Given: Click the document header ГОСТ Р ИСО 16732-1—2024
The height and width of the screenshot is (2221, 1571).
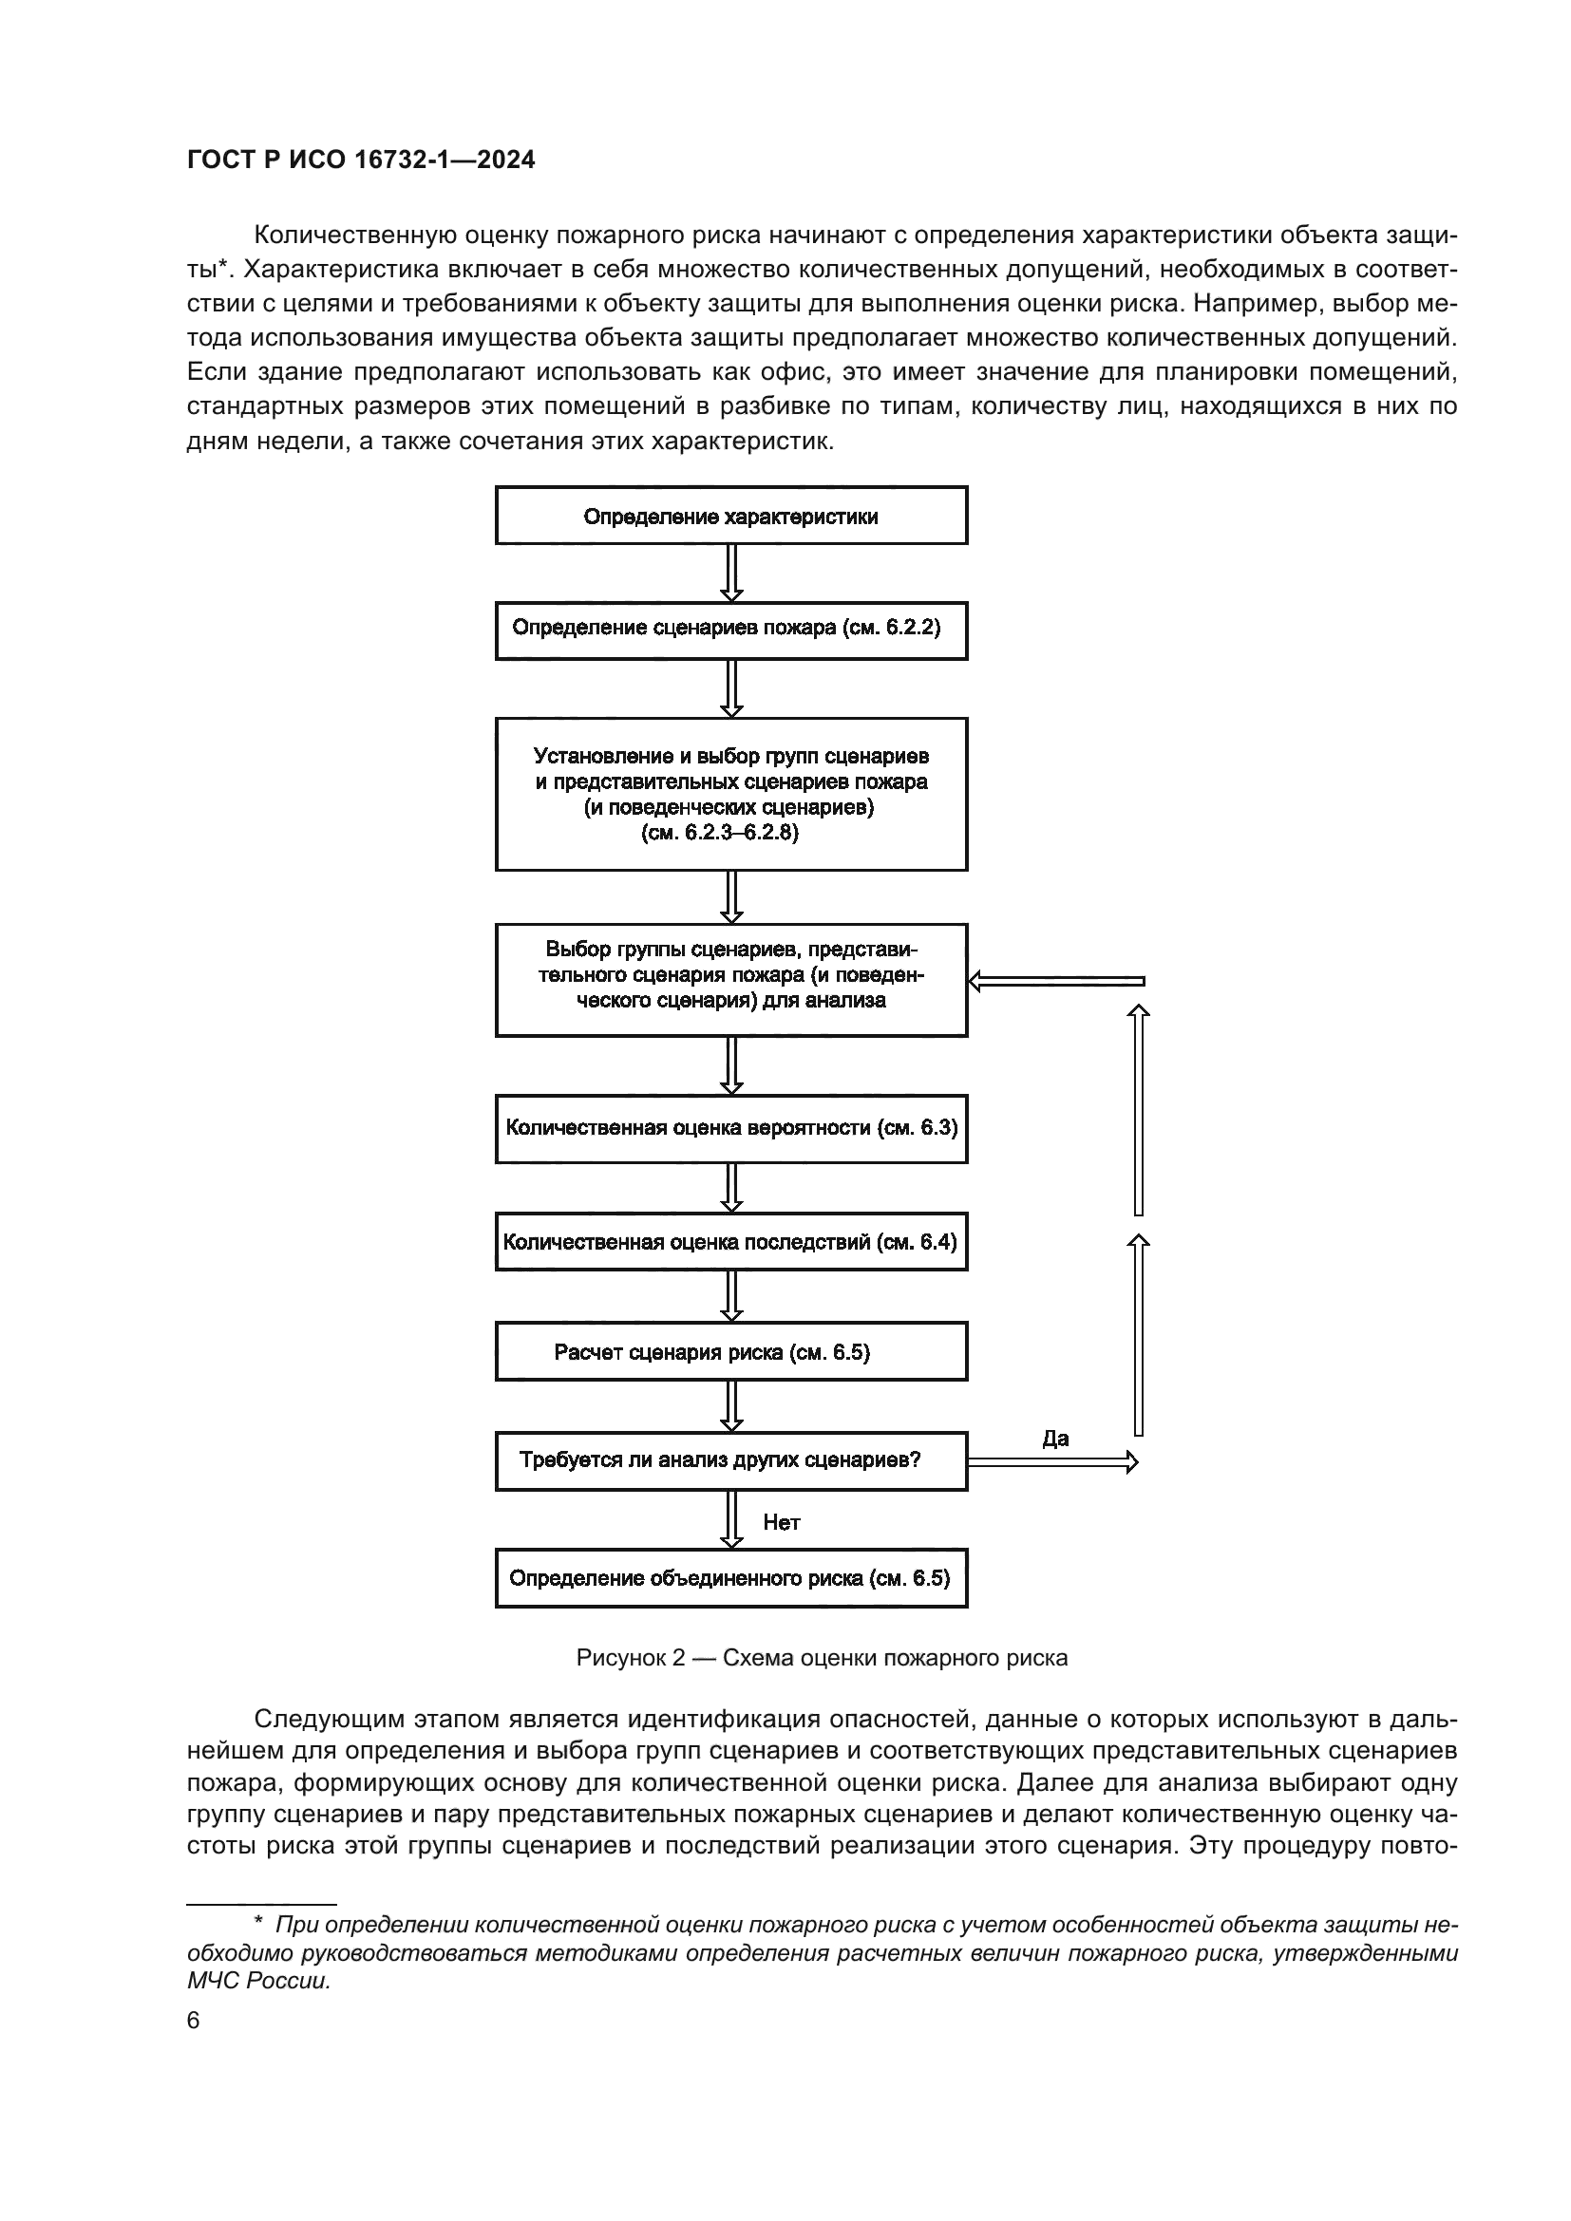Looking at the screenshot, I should pos(361,160).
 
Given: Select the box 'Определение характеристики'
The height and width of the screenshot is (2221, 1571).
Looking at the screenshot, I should pos(731,516).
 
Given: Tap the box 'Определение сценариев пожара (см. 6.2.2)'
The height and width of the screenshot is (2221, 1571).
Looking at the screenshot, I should pos(731,631).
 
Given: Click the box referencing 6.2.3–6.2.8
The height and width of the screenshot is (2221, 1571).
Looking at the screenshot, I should pos(731,793).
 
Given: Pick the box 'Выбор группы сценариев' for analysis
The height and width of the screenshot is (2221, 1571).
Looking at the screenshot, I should pos(731,979).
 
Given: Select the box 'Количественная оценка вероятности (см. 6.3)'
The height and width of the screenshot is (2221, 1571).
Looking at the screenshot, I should pos(731,1128).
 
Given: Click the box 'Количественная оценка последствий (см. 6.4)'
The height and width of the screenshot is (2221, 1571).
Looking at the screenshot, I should pos(731,1242).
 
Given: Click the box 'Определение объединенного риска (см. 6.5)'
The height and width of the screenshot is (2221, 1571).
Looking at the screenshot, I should pos(731,1579).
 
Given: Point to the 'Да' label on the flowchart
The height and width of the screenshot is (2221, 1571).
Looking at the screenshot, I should pos(1055,1439).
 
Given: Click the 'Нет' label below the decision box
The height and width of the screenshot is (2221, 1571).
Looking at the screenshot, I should pos(782,1522).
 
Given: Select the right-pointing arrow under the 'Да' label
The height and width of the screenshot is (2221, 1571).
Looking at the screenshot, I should pos(1052,1461).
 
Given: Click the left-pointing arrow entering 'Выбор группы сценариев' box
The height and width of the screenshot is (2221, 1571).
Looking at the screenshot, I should pos(1056,981).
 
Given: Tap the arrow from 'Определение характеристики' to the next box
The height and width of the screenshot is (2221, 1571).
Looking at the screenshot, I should pos(732,573).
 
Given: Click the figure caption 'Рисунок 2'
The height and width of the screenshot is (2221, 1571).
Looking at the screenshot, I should pos(823,1658).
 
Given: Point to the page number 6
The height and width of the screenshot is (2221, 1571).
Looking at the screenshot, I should pos(194,2020).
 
